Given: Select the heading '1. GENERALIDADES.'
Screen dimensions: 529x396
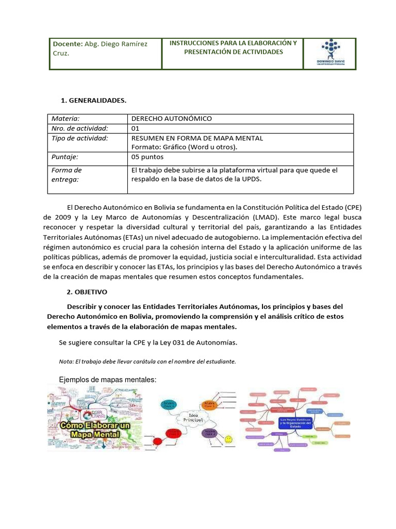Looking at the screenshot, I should pos(93,100).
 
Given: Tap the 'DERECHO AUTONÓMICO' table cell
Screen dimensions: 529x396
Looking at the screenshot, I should pos(171,119).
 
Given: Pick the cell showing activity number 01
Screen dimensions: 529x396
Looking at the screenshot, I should pos(136,128).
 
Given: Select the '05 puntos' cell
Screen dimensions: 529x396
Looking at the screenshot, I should pos(147,157).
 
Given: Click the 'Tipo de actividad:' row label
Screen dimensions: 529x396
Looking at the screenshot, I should pos(80,138).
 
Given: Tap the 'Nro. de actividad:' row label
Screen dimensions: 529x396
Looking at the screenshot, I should pos(80,128).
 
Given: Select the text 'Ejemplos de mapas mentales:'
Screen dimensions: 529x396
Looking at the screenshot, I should pos(108,380).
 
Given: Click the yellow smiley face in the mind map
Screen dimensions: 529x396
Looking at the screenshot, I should pos(229,439).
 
